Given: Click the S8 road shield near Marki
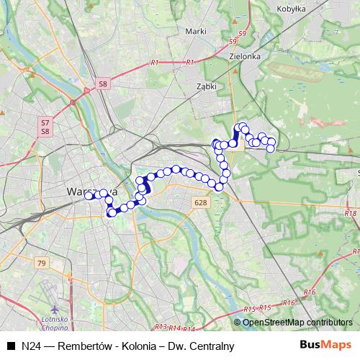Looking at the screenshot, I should coord(104,84).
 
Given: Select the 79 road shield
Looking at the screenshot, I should coord(41,264).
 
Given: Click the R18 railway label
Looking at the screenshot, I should coord(351,214).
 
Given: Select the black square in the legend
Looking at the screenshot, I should coord(11,346).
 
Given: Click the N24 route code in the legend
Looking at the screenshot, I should coord(30,346).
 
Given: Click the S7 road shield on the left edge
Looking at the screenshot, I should coord(45,123).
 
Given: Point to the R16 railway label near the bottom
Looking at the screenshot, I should coord(289,303).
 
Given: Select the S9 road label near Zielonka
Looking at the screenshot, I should coord(243,34).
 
